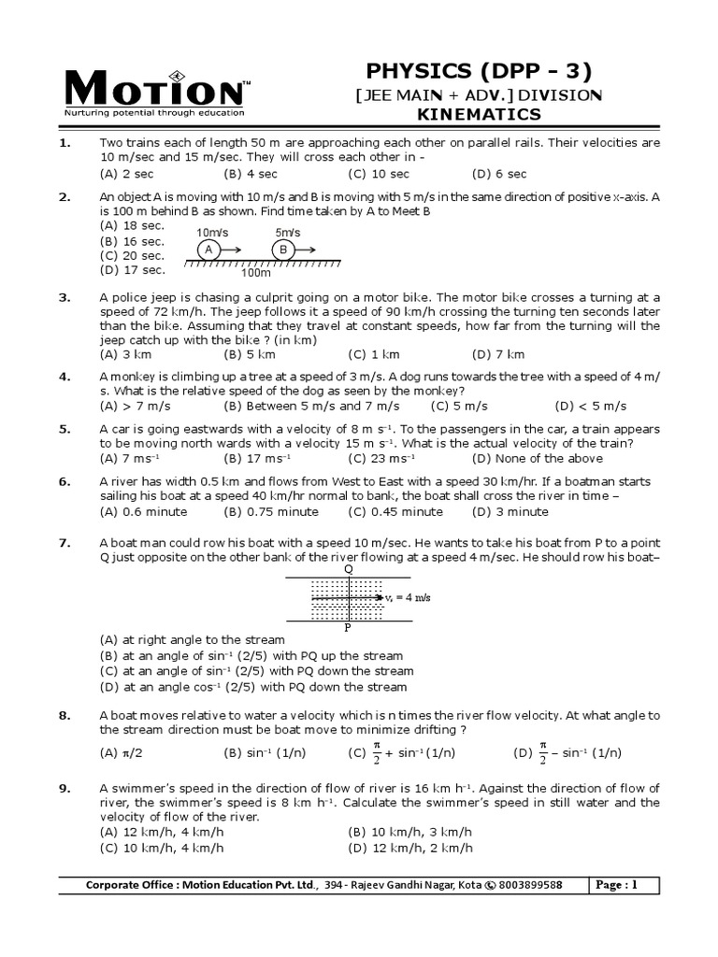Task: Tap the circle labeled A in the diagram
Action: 209,250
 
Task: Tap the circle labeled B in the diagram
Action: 282,250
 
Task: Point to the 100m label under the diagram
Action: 255,273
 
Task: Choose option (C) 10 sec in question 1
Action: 379,174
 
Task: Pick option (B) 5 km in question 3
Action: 250,354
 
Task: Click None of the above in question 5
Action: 538,458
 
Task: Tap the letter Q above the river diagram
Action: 349,568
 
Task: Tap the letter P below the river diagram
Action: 348,629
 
